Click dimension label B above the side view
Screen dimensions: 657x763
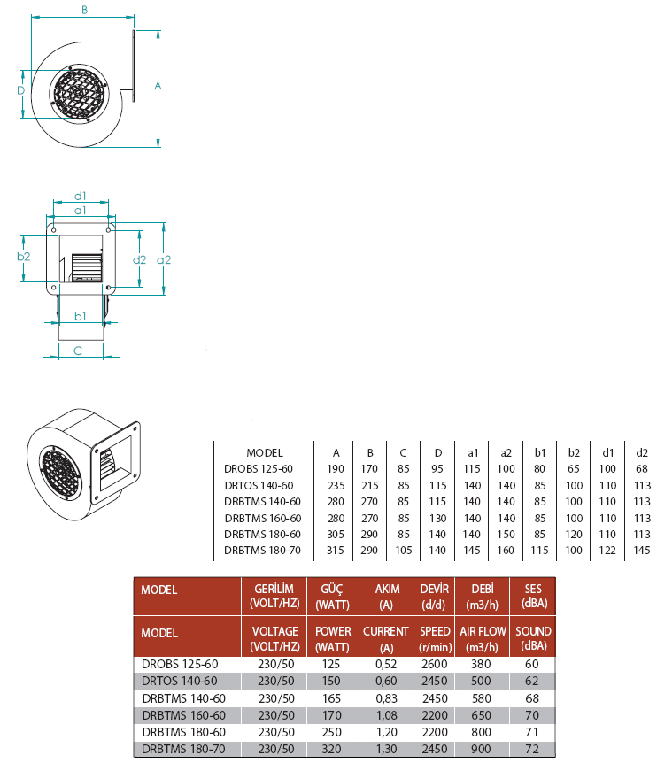pos(84,10)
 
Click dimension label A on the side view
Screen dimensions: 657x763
pos(158,86)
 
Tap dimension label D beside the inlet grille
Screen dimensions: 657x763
pos(20,90)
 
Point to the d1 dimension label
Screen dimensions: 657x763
pos(81,196)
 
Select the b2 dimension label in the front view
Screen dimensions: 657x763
pos(23,257)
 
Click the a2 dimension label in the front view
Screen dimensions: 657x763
pos(164,260)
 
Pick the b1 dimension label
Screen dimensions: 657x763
pos(81,316)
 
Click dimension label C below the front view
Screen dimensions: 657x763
pos(78,351)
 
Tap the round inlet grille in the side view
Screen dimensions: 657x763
pos(78,92)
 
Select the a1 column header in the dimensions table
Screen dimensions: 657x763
pos(473,453)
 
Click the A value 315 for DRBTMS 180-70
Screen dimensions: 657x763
pos(336,551)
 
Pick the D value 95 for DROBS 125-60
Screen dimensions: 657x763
pos(437,468)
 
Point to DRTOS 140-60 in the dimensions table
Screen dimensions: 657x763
pos(259,486)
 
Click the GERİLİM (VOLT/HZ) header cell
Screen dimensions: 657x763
pos(274,596)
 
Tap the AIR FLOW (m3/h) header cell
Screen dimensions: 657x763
pos(483,638)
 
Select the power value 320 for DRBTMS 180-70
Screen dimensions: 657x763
pos(331,749)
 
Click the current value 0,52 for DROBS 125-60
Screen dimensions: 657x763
pos(386,664)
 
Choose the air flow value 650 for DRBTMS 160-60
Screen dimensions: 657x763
pos(481,715)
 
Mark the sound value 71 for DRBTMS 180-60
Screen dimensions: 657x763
pos(532,732)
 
